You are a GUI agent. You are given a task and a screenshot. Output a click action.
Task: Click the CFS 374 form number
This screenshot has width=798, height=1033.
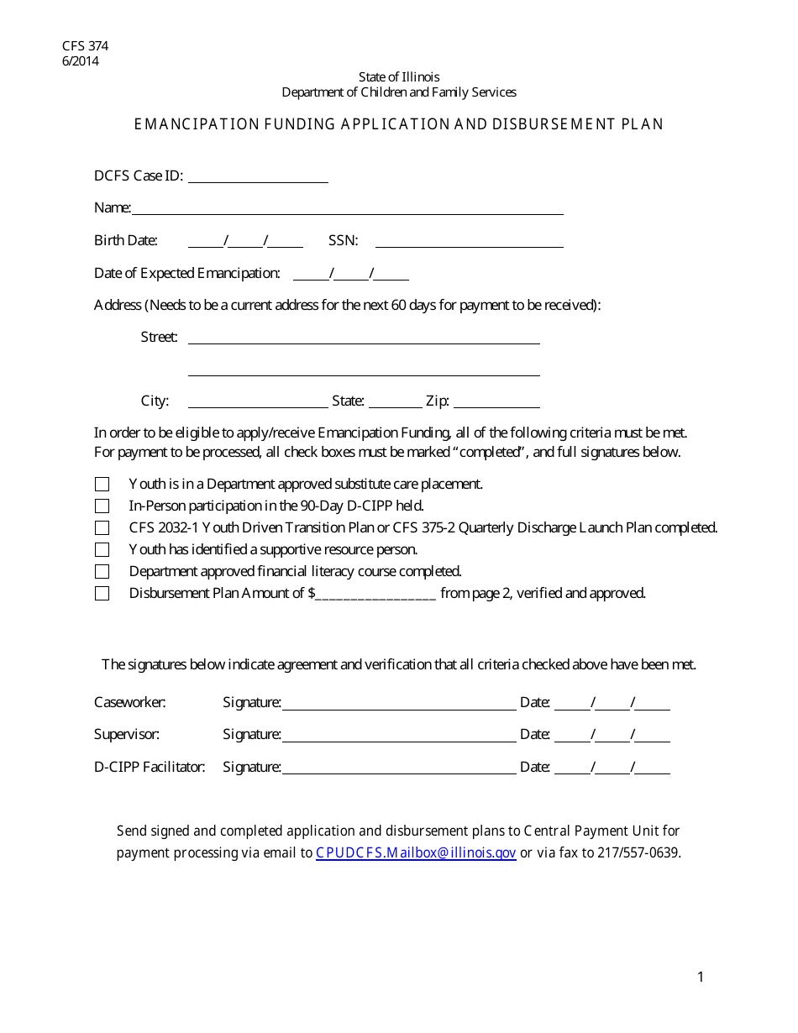click(x=85, y=46)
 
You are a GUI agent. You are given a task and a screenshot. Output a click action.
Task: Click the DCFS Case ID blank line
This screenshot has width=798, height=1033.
click(x=258, y=176)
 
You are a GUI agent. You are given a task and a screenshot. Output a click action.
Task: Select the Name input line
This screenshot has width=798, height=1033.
click(x=347, y=208)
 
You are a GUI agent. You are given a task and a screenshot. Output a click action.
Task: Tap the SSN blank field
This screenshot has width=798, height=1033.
click(x=469, y=241)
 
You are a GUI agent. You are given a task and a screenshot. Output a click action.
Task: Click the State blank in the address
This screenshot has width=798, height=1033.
click(x=395, y=401)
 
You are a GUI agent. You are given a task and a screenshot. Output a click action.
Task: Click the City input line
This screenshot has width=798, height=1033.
click(x=258, y=401)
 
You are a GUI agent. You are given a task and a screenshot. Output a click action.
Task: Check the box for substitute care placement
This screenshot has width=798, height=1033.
click(x=102, y=485)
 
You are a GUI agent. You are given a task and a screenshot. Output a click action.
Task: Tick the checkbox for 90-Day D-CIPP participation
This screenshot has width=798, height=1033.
click(x=102, y=506)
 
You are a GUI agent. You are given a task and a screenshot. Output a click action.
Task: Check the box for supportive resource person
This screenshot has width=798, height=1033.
click(x=102, y=550)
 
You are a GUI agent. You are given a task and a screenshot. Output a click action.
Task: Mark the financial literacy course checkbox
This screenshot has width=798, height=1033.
click(x=102, y=572)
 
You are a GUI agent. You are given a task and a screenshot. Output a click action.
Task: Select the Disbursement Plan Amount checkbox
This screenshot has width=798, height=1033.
click(x=102, y=594)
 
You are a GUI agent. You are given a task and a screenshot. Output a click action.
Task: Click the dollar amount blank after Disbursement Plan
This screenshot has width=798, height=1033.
click(x=375, y=594)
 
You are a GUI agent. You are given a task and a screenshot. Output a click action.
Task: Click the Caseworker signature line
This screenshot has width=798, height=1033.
click(x=399, y=704)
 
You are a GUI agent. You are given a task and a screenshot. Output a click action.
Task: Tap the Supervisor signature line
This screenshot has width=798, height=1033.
click(x=399, y=736)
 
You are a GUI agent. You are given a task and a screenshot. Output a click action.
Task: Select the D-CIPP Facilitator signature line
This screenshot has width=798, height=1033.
click(x=399, y=768)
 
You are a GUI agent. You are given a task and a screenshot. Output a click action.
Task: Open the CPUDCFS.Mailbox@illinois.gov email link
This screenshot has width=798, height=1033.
click(x=416, y=853)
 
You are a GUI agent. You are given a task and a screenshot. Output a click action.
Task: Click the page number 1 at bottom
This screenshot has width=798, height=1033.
click(x=701, y=977)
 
